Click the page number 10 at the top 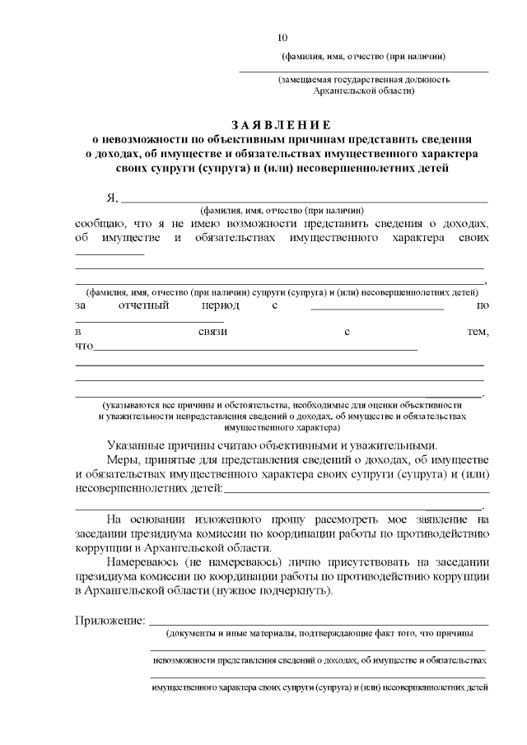point(283,37)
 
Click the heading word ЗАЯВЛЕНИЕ point(281,125)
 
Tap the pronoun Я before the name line point(110,198)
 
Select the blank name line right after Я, point(304,200)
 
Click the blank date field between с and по point(376,307)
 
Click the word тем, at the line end point(478,332)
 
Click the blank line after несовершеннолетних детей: point(352,491)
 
